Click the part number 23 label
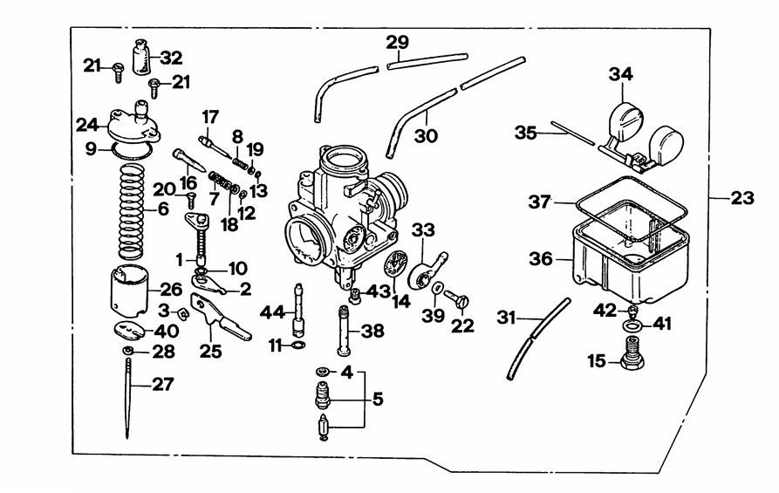[x=741, y=198]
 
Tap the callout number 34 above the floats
[x=620, y=76]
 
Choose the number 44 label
[x=272, y=311]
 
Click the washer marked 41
[x=632, y=325]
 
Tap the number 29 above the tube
[x=397, y=43]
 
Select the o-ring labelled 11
[x=297, y=346]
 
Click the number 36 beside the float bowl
[x=542, y=260]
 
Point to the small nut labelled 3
[x=184, y=312]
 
